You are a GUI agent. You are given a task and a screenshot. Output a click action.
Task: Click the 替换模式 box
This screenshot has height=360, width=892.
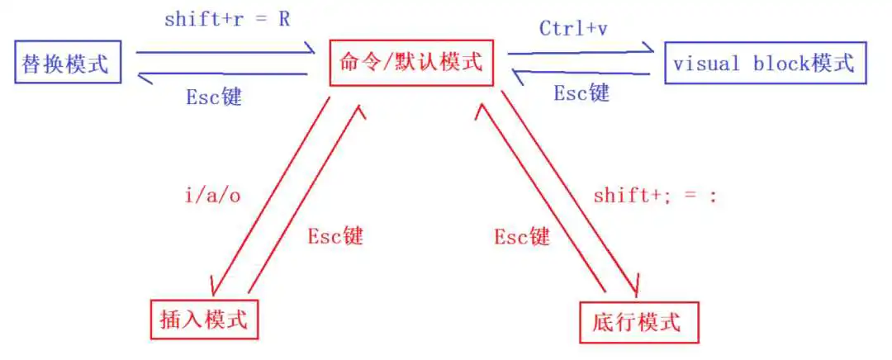point(67,61)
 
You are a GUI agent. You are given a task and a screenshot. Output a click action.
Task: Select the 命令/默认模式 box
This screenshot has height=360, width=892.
point(411,63)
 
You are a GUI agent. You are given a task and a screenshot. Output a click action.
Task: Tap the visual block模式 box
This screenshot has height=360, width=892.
point(766,63)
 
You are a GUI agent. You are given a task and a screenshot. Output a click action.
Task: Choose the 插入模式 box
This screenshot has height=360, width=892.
point(204,320)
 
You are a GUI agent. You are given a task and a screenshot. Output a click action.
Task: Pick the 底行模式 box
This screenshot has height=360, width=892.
point(638,323)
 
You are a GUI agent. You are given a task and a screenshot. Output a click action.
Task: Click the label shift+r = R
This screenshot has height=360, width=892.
point(228,20)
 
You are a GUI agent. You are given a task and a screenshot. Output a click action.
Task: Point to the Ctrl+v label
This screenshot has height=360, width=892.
point(573,28)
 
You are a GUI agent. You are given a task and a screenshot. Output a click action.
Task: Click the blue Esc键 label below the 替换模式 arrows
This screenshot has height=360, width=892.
point(214,97)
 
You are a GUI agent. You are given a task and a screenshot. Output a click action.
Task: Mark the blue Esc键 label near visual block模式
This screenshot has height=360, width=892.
point(581,92)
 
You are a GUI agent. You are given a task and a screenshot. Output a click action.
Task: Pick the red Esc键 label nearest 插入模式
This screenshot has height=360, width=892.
point(335,236)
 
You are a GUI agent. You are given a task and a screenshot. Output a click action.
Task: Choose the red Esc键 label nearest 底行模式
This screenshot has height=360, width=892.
point(522,236)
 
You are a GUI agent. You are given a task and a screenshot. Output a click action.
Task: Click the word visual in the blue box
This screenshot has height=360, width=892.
point(706,63)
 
